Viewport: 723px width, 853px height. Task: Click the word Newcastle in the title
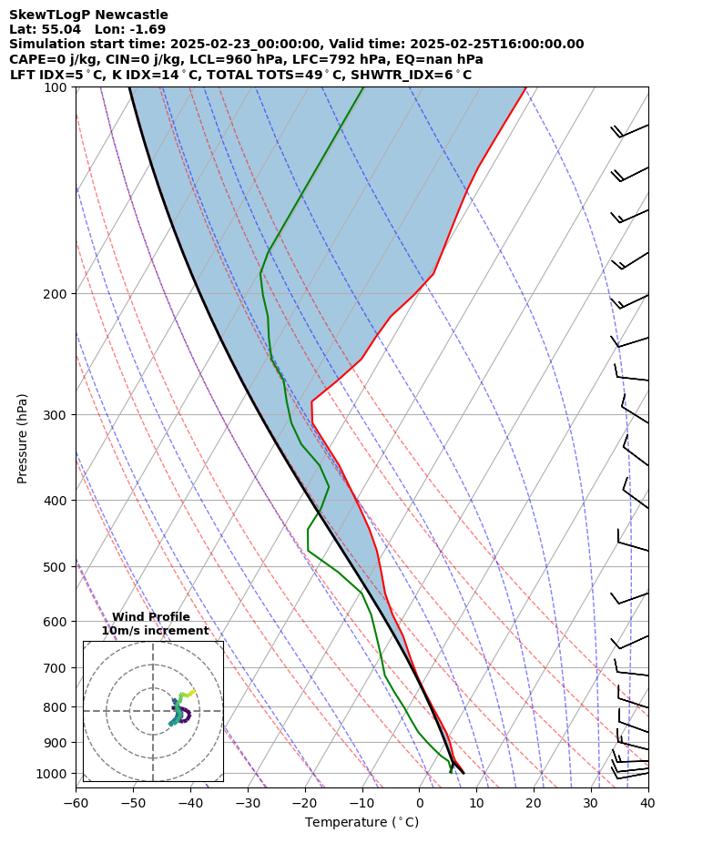tap(137, 15)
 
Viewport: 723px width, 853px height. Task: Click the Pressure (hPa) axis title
tap(23, 438)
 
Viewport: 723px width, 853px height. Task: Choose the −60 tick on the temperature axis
tap(76, 803)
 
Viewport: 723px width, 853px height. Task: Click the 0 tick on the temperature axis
tap(420, 803)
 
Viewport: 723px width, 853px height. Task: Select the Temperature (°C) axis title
tap(361, 823)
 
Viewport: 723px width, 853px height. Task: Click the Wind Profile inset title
tap(151, 617)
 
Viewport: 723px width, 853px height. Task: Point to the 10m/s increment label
tap(155, 631)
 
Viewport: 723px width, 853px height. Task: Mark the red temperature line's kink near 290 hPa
tap(311, 401)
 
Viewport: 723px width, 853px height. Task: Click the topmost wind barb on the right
tap(628, 131)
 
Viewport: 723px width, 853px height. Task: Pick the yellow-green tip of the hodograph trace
tap(192, 692)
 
